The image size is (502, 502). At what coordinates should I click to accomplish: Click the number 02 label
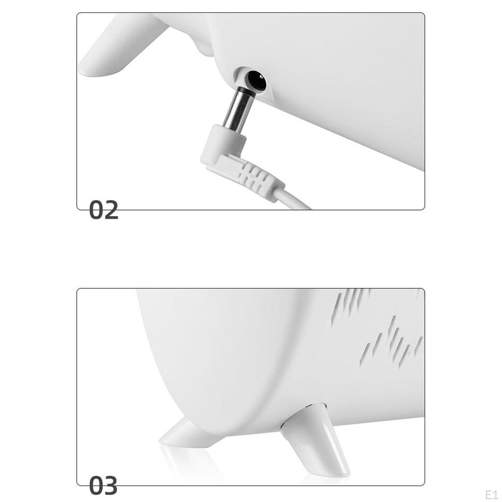click(x=104, y=211)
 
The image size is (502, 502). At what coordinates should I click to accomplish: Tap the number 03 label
click(x=103, y=486)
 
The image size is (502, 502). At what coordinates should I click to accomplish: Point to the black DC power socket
click(x=256, y=80)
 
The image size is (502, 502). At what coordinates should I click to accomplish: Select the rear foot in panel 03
click(x=183, y=433)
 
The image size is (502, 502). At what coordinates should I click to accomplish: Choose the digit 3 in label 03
click(x=111, y=486)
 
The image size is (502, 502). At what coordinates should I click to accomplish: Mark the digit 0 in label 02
click(x=96, y=211)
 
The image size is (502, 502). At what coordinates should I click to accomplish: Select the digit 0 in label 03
click(x=96, y=486)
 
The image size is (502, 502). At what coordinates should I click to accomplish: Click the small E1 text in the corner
click(x=491, y=493)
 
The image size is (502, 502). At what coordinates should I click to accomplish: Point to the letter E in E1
click(x=488, y=493)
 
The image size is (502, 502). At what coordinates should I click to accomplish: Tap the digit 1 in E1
click(x=495, y=493)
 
